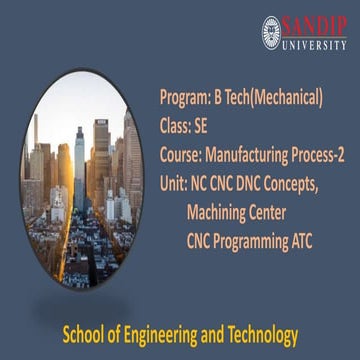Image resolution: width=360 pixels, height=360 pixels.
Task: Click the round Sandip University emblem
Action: point(271,31)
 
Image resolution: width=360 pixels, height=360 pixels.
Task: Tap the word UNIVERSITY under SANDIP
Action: point(314,43)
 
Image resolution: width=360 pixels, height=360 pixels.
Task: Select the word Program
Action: point(183,97)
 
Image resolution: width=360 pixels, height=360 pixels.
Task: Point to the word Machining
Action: point(223,213)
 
